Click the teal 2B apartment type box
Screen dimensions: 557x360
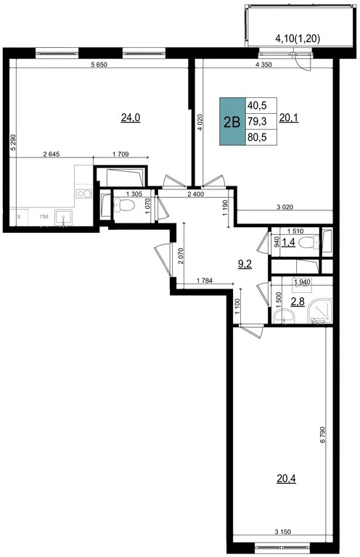233,122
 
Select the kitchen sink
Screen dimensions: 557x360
64,217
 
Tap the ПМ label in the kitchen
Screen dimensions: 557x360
44,217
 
